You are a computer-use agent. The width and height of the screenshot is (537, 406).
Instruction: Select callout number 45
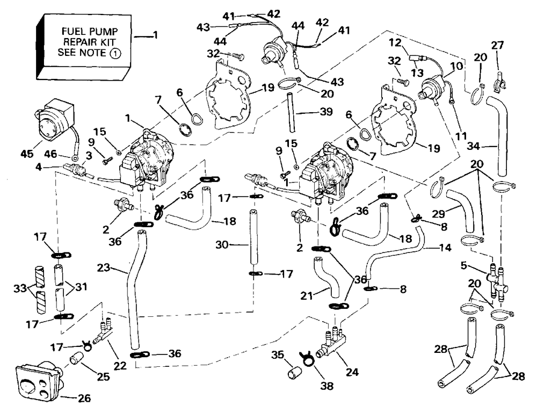point(27,153)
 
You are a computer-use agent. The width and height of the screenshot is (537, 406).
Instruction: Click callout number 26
point(84,398)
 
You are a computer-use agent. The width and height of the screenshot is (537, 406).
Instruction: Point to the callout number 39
point(326,112)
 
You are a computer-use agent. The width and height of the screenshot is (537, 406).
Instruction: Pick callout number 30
point(222,245)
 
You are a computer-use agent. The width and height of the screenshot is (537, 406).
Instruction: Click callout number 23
point(104,267)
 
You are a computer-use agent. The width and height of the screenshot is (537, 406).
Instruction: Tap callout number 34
point(474,146)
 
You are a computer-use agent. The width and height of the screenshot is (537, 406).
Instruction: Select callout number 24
point(352,372)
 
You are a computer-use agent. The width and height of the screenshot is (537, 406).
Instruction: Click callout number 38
point(326,386)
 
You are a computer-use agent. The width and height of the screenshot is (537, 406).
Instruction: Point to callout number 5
point(464,265)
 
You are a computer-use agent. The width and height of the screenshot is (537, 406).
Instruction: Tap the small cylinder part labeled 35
point(294,373)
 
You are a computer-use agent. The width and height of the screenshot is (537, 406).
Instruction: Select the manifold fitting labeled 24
point(332,342)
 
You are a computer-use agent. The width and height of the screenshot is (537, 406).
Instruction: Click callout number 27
point(497,45)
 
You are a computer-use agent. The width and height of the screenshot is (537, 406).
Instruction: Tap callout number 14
point(445,248)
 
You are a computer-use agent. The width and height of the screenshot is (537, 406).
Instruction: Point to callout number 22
point(120,366)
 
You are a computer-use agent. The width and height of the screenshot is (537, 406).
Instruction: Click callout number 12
point(395,43)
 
